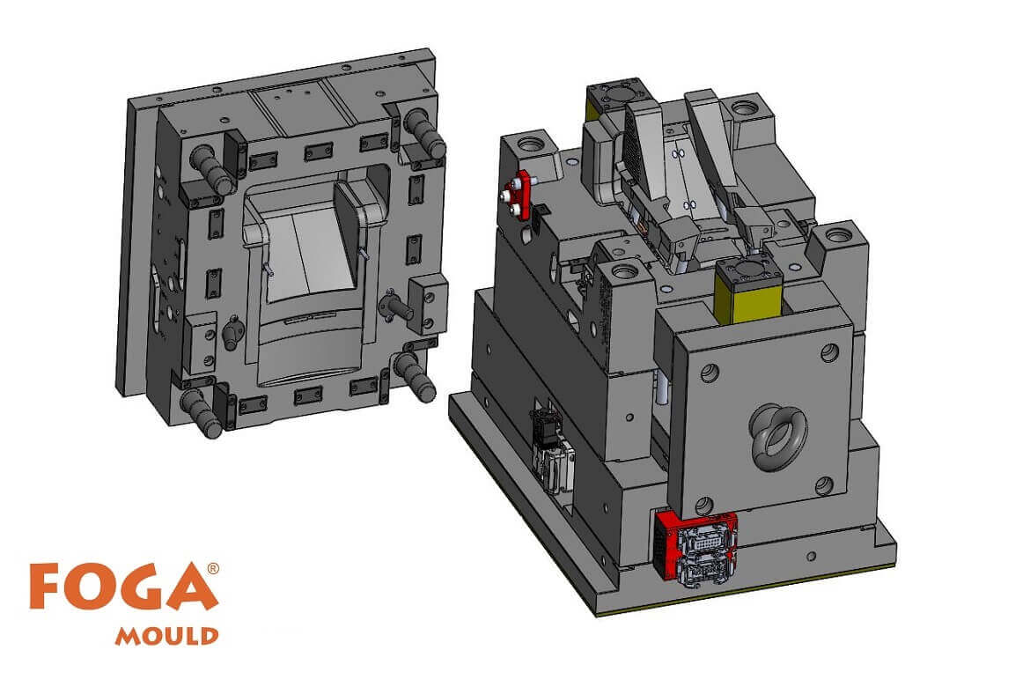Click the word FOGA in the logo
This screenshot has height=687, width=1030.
point(123,587)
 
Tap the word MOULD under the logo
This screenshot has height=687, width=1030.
point(167,636)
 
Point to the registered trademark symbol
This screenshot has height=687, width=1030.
point(213,569)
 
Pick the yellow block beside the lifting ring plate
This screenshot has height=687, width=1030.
point(747,292)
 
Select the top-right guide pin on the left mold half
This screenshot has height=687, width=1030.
point(425,134)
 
